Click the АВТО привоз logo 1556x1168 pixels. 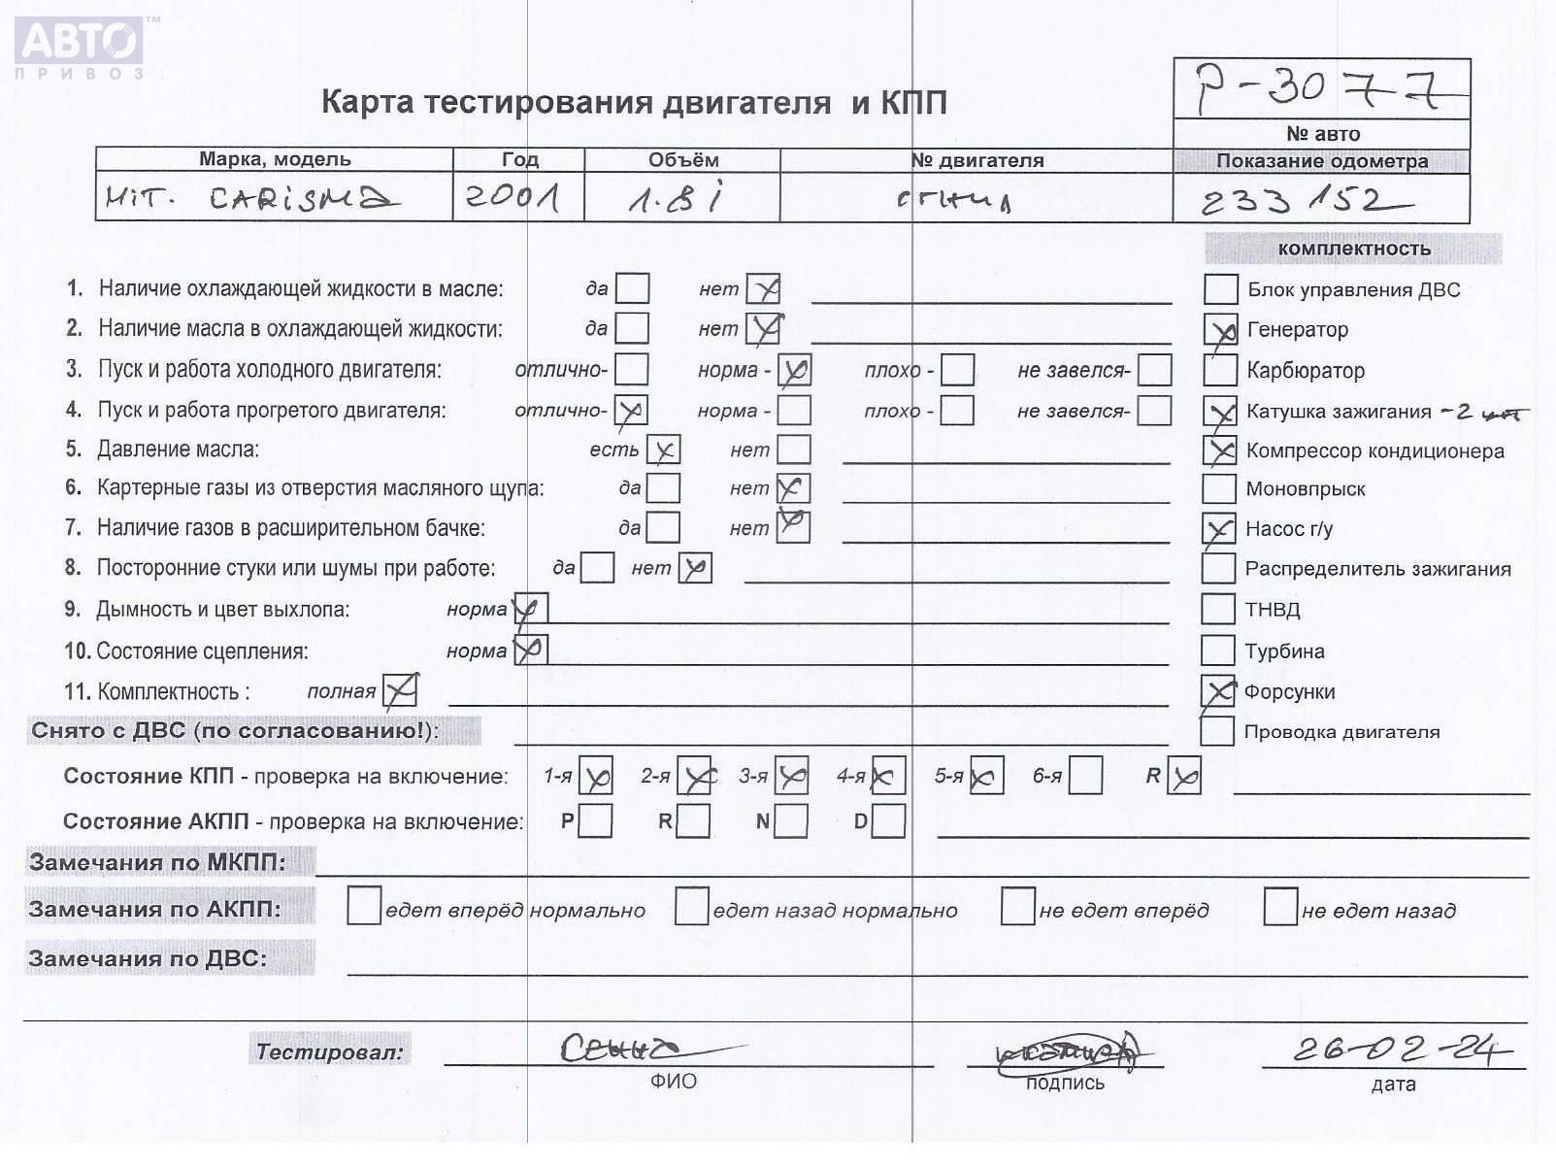click(x=81, y=47)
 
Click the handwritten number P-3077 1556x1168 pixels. click(x=1320, y=89)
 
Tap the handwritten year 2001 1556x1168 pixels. click(x=513, y=197)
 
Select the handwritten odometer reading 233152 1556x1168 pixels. click(x=1304, y=201)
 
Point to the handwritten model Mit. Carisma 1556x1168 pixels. click(x=251, y=198)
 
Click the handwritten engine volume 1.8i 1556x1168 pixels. click(x=676, y=198)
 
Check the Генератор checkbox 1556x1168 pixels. click(x=1220, y=330)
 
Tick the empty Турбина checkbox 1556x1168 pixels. click(x=1217, y=650)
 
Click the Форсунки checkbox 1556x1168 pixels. click(x=1217, y=691)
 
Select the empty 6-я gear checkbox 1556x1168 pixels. click(x=1085, y=776)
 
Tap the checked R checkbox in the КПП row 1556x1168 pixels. click(x=1183, y=776)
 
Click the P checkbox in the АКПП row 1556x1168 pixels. click(x=595, y=821)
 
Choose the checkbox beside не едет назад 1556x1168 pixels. click(x=1280, y=907)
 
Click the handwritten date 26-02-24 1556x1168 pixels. click(x=1402, y=1049)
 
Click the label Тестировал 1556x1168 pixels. click(x=329, y=1051)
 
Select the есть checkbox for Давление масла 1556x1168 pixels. click(x=663, y=450)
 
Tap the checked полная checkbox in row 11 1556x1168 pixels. click(x=400, y=691)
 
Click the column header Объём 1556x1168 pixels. click(x=683, y=160)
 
